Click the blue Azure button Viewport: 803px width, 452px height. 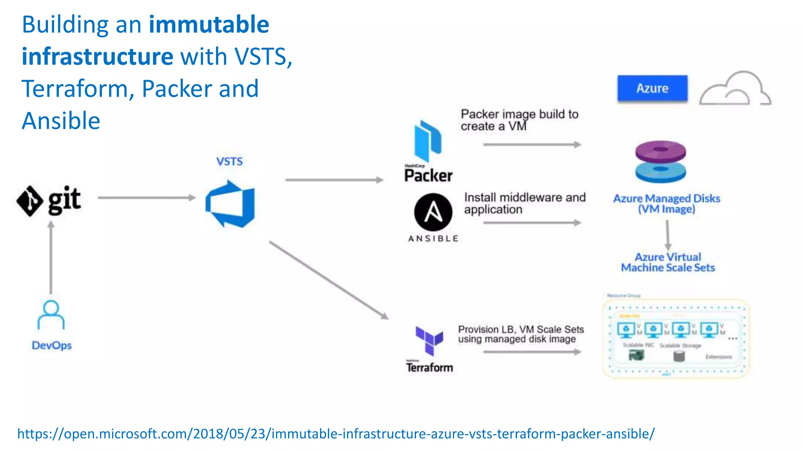coord(652,88)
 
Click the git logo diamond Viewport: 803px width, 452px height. coord(30,200)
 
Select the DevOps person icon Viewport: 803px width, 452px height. coord(51,315)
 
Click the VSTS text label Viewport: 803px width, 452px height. coord(229,161)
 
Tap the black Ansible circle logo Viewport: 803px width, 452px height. coord(433,212)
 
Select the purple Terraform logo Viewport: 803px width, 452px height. coord(429,340)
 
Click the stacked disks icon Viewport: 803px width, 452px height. coord(661,162)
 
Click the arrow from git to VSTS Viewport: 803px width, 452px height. coord(147,198)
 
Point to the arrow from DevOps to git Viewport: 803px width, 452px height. coord(51,257)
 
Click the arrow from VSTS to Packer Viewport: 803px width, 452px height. coord(334,180)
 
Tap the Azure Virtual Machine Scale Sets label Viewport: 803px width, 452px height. coord(668,262)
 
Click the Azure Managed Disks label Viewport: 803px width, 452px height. coord(667,204)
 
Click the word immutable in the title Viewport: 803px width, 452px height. coord(209,24)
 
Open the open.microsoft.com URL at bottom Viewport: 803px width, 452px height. coord(336,434)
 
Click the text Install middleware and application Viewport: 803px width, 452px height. coord(524,203)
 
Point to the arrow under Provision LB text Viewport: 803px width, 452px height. coord(532,352)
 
